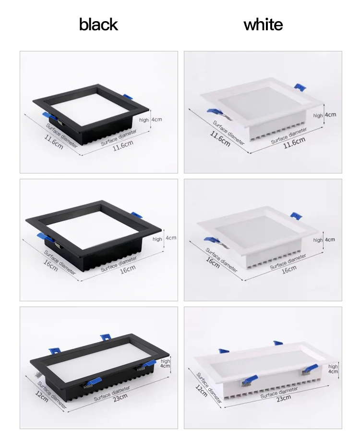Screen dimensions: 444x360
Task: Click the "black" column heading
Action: coord(98,25)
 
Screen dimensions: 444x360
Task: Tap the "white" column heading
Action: coord(263,25)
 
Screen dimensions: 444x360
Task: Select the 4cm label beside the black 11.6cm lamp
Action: coord(157,120)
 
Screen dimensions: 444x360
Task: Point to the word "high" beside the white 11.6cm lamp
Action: coord(318,115)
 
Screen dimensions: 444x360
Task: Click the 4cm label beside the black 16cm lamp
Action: coord(171,238)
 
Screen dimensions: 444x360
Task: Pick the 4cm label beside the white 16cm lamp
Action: coord(330,239)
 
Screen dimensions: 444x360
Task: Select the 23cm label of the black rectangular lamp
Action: coord(120,396)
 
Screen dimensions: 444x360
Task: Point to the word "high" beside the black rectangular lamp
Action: coord(165,361)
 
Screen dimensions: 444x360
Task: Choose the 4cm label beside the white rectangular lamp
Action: coord(333,371)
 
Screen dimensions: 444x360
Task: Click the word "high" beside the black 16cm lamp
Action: coord(157,239)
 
